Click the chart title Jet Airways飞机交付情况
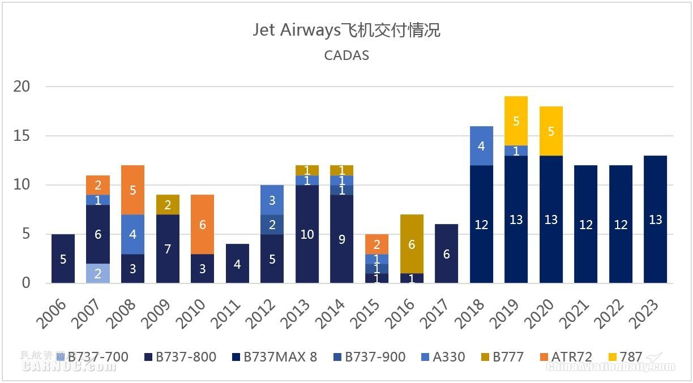coord(346,30)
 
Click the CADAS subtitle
coord(346,55)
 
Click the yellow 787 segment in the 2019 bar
coord(516,121)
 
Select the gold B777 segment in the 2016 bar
coord(412,244)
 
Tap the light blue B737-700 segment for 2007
coord(98,273)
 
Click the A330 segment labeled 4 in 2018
coord(481,146)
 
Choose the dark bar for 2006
coord(63,259)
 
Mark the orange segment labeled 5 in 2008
coord(132,190)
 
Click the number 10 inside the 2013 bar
coord(307,234)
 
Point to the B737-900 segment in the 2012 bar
coord(272,225)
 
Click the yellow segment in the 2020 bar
coord(551,131)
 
